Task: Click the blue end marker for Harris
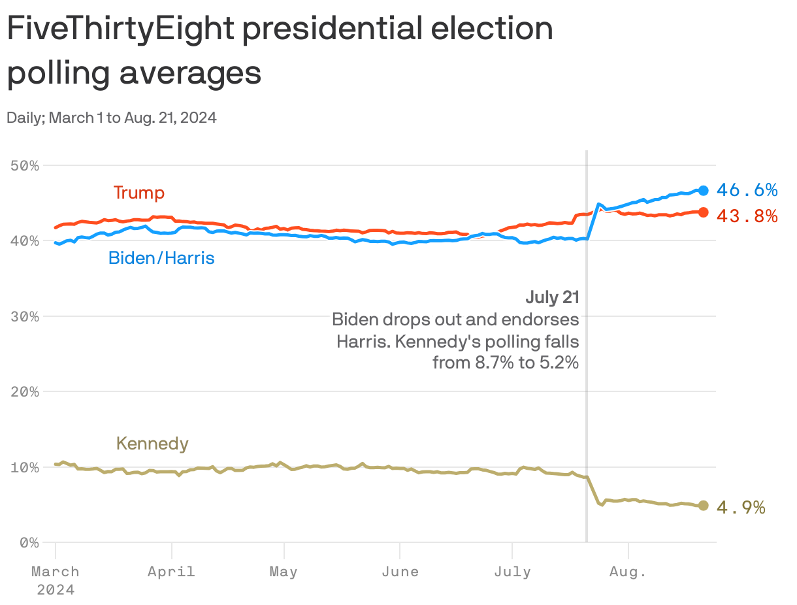pyautogui.click(x=703, y=190)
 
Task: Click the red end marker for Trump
pyautogui.click(x=703, y=212)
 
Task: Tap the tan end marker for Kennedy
pyautogui.click(x=703, y=506)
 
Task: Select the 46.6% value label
pyautogui.click(x=747, y=190)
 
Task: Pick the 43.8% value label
pyautogui.click(x=747, y=216)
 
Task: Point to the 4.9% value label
pyautogui.click(x=741, y=508)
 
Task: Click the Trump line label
pyautogui.click(x=138, y=193)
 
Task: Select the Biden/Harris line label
pyautogui.click(x=161, y=258)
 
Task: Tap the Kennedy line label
pyautogui.click(x=152, y=444)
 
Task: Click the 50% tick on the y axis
pyautogui.click(x=25, y=166)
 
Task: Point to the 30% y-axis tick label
pyautogui.click(x=25, y=316)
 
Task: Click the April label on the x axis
pyautogui.click(x=171, y=572)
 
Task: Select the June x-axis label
pyautogui.click(x=400, y=572)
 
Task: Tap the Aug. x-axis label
pyautogui.click(x=628, y=572)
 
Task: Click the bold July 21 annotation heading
pyautogui.click(x=552, y=298)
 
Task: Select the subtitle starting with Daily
pyautogui.click(x=112, y=118)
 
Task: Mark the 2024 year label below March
pyautogui.click(x=56, y=589)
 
